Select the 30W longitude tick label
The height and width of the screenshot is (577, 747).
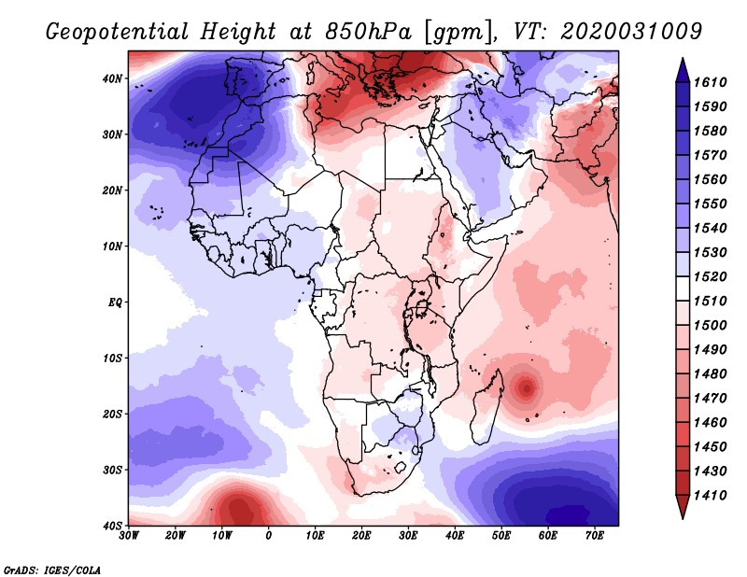[x=129, y=536]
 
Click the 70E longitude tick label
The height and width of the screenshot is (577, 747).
[x=595, y=536]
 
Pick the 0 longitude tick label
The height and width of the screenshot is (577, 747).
[x=269, y=536]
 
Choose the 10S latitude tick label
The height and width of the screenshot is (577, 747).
[x=114, y=359]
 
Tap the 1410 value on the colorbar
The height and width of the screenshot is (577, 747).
[x=712, y=495]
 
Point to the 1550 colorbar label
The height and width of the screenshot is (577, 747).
[x=712, y=204]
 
